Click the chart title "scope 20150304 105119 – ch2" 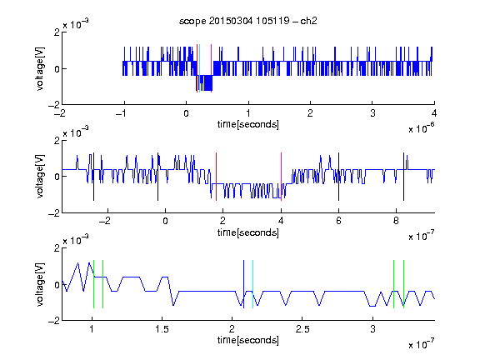248,21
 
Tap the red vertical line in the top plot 197,68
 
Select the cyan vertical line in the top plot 199,68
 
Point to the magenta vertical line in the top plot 211,68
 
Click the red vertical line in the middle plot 216,177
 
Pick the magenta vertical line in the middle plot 281,177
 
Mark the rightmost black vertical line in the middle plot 403,177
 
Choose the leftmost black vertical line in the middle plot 93,177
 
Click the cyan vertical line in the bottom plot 252,284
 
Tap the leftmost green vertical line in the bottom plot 93,284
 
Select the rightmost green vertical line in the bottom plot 404,284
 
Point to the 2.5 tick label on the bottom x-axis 302,329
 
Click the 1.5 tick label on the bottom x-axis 162,329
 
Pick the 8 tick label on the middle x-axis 396,221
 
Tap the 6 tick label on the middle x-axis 338,221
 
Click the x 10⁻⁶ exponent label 421,127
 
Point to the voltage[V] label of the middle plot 40,176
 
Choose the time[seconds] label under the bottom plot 248,340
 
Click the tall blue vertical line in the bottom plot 243,284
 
